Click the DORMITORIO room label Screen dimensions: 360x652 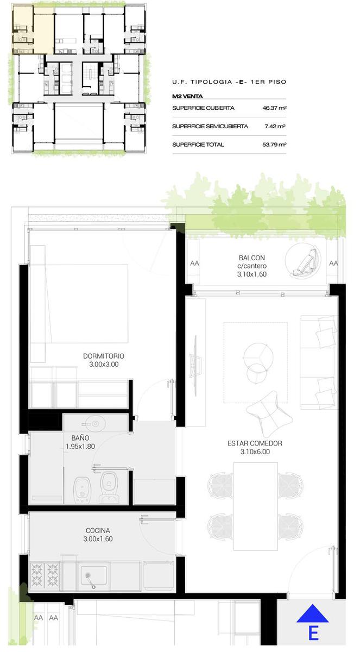coord(104,356)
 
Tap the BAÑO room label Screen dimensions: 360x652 coord(80,438)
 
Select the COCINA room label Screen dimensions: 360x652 coord(98,530)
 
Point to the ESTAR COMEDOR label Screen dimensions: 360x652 coord(255,443)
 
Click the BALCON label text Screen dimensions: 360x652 coord(252,258)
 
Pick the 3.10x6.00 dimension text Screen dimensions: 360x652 coord(255,452)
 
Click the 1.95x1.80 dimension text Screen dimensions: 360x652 coord(80,446)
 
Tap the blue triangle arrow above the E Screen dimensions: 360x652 coord(313,613)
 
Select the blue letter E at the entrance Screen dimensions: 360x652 coord(313,633)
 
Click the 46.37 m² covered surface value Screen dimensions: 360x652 coord(274,108)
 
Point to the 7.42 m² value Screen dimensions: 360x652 coord(275,126)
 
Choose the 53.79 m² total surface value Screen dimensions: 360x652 coord(274,145)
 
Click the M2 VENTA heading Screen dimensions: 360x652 coord(187,96)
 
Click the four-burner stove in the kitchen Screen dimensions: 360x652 coord(45,575)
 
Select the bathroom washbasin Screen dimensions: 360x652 coord(95,423)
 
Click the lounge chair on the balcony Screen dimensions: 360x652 coord(303,260)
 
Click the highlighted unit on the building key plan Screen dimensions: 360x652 coord(33,30)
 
